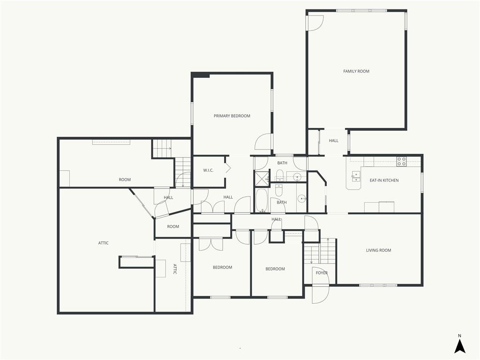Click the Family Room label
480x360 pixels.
[x=356, y=71]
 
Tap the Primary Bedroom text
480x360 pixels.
[x=232, y=116]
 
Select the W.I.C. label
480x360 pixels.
[x=208, y=171]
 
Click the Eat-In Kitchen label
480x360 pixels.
[x=384, y=180]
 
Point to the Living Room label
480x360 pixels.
[x=378, y=250]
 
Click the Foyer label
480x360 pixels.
[x=322, y=273]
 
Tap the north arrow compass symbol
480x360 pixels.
[x=459, y=347]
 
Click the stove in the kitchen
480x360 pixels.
[x=401, y=161]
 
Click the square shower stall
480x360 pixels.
[x=262, y=178]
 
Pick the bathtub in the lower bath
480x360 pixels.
[x=262, y=201]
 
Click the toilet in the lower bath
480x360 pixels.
[x=278, y=190]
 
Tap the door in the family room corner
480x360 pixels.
[x=315, y=23]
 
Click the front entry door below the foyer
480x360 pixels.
[x=321, y=294]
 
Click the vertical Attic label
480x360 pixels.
[x=175, y=269]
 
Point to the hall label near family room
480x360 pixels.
[x=333, y=141]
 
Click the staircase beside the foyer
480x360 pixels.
[x=320, y=251]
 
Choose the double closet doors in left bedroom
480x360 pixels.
[x=211, y=244]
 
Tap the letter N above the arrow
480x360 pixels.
[x=459, y=336]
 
